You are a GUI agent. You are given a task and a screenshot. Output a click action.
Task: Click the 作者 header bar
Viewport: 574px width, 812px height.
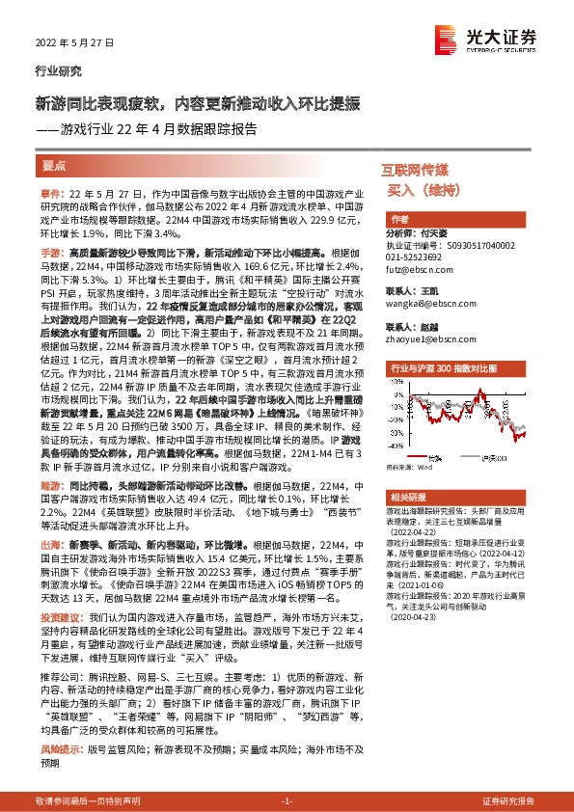pyautogui.click(x=399, y=220)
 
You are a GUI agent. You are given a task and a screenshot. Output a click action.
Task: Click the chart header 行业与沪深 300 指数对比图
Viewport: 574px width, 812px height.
pyautogui.click(x=442, y=368)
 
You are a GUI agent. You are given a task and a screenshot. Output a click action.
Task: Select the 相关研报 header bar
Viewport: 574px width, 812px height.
pyautogui.click(x=405, y=495)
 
